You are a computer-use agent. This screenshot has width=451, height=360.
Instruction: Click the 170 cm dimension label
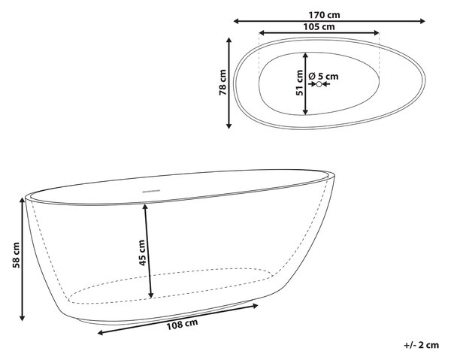(324, 15)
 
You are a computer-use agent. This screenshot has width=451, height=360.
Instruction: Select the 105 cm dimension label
(319, 27)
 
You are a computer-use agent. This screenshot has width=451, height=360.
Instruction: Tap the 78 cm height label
(223, 82)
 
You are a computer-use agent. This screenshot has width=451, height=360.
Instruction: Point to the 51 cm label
(300, 83)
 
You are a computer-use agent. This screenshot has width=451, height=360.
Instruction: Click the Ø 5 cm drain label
(323, 76)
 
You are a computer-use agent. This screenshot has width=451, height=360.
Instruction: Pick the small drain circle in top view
(319, 84)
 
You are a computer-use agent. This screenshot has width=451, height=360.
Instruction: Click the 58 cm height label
(16, 256)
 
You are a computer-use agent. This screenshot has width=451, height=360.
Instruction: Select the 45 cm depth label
(142, 253)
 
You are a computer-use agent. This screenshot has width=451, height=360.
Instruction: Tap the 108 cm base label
(183, 324)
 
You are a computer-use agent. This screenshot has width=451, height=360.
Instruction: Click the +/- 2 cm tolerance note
(422, 345)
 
